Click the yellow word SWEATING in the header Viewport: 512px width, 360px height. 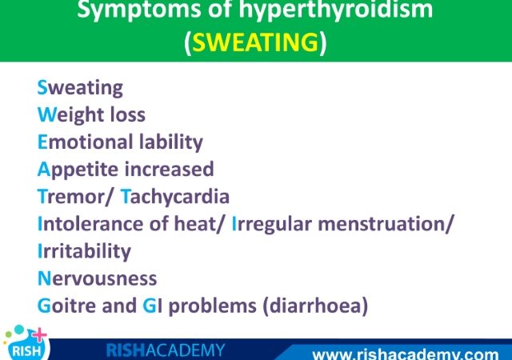(x=255, y=42)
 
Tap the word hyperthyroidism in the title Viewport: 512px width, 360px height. (x=336, y=10)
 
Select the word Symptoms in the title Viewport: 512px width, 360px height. (x=139, y=10)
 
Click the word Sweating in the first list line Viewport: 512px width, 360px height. (x=80, y=88)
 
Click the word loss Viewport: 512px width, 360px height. (x=128, y=114)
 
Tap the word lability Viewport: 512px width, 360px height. (x=171, y=142)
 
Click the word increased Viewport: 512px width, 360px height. (x=170, y=169)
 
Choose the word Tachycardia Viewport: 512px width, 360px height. (x=175, y=197)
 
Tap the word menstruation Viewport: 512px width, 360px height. (x=382, y=224)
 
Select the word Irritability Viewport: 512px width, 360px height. (x=84, y=252)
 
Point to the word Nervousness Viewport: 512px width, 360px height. (x=98, y=278)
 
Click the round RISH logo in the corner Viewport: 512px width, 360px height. (x=26, y=344)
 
